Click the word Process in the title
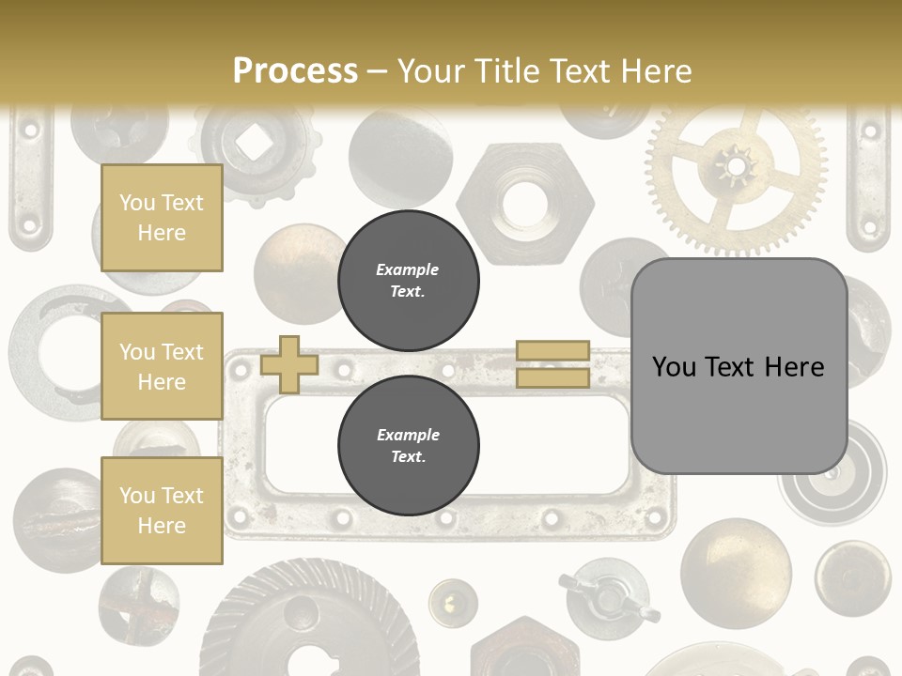pyautogui.click(x=295, y=70)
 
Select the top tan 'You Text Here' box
pyautogui.click(x=162, y=218)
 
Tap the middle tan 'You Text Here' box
pyautogui.click(x=162, y=366)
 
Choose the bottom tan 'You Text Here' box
pyautogui.click(x=162, y=511)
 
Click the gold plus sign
pyautogui.click(x=288, y=364)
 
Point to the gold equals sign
pyautogui.click(x=552, y=364)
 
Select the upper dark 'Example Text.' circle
pyautogui.click(x=408, y=281)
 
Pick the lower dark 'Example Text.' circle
pyautogui.click(x=408, y=446)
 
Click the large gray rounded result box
pyautogui.click(x=739, y=365)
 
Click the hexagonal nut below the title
pyautogui.click(x=512, y=200)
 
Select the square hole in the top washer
pyautogui.click(x=252, y=142)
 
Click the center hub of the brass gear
pyautogui.click(x=733, y=169)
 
